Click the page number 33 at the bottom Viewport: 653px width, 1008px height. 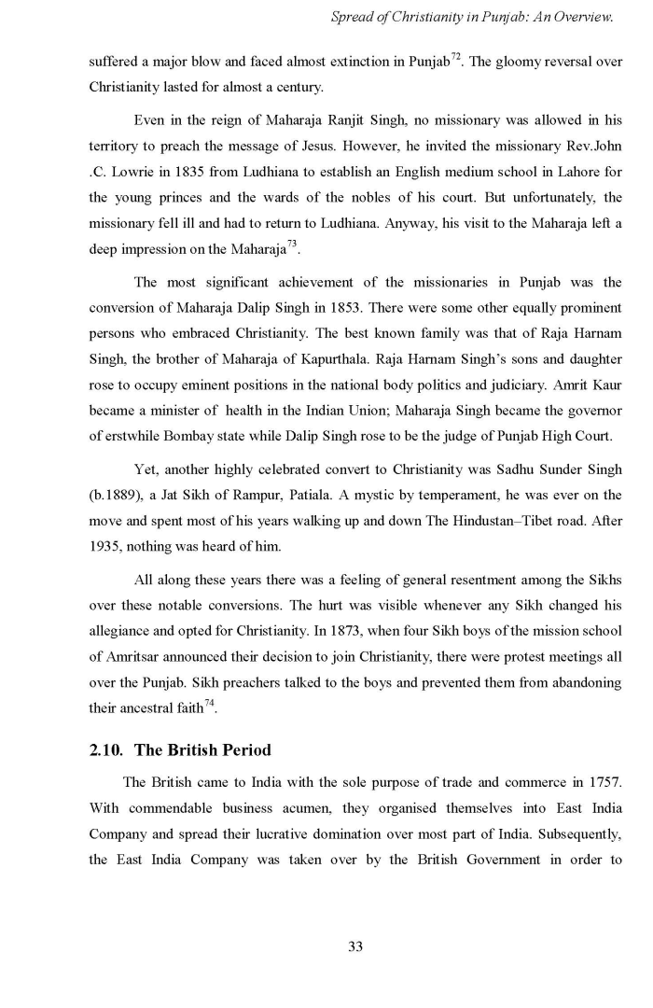(354, 946)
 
